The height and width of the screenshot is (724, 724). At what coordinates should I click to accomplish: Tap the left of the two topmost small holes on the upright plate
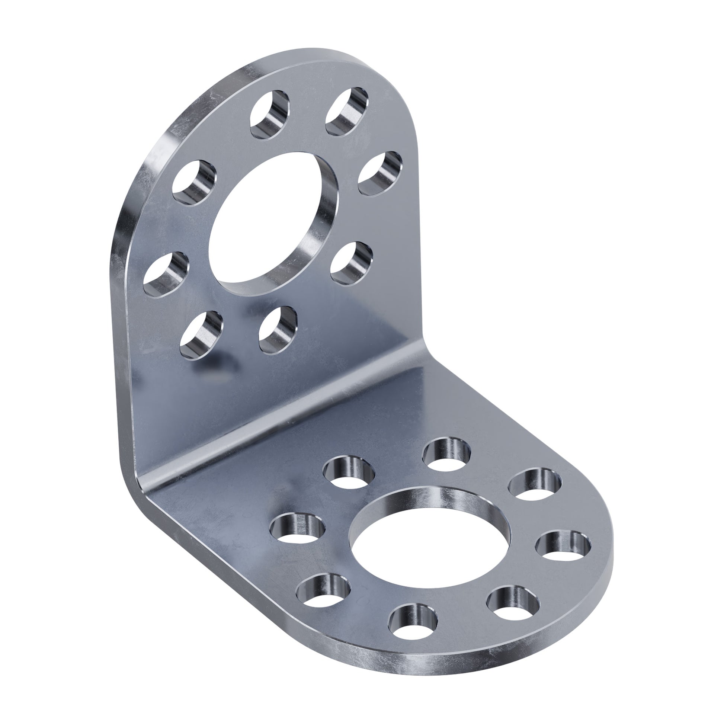coord(269,115)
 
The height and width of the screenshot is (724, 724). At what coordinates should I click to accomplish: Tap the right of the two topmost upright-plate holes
coord(347,111)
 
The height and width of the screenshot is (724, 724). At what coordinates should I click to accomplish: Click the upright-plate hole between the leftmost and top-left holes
coord(194,183)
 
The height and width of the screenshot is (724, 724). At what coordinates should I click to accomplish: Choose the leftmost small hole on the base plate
coord(297,529)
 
